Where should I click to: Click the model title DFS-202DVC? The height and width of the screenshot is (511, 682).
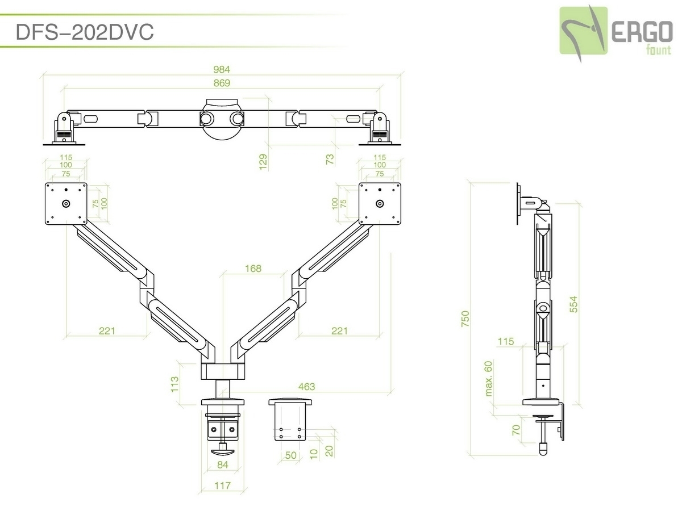(x=85, y=32)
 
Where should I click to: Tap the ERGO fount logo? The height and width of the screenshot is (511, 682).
(x=616, y=31)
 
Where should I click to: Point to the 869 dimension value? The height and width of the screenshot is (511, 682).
(x=221, y=83)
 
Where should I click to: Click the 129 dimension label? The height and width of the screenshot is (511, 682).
(x=263, y=160)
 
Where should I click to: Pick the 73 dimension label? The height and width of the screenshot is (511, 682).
(x=330, y=159)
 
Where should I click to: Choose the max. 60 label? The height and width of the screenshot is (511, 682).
(x=488, y=379)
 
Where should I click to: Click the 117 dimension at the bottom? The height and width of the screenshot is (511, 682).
(x=223, y=485)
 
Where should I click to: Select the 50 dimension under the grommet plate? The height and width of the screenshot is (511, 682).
(x=290, y=455)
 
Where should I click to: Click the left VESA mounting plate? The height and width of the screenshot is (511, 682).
(x=66, y=203)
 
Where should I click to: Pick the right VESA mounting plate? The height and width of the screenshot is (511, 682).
(x=380, y=203)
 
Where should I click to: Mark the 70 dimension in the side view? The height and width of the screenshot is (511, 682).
(x=516, y=430)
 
